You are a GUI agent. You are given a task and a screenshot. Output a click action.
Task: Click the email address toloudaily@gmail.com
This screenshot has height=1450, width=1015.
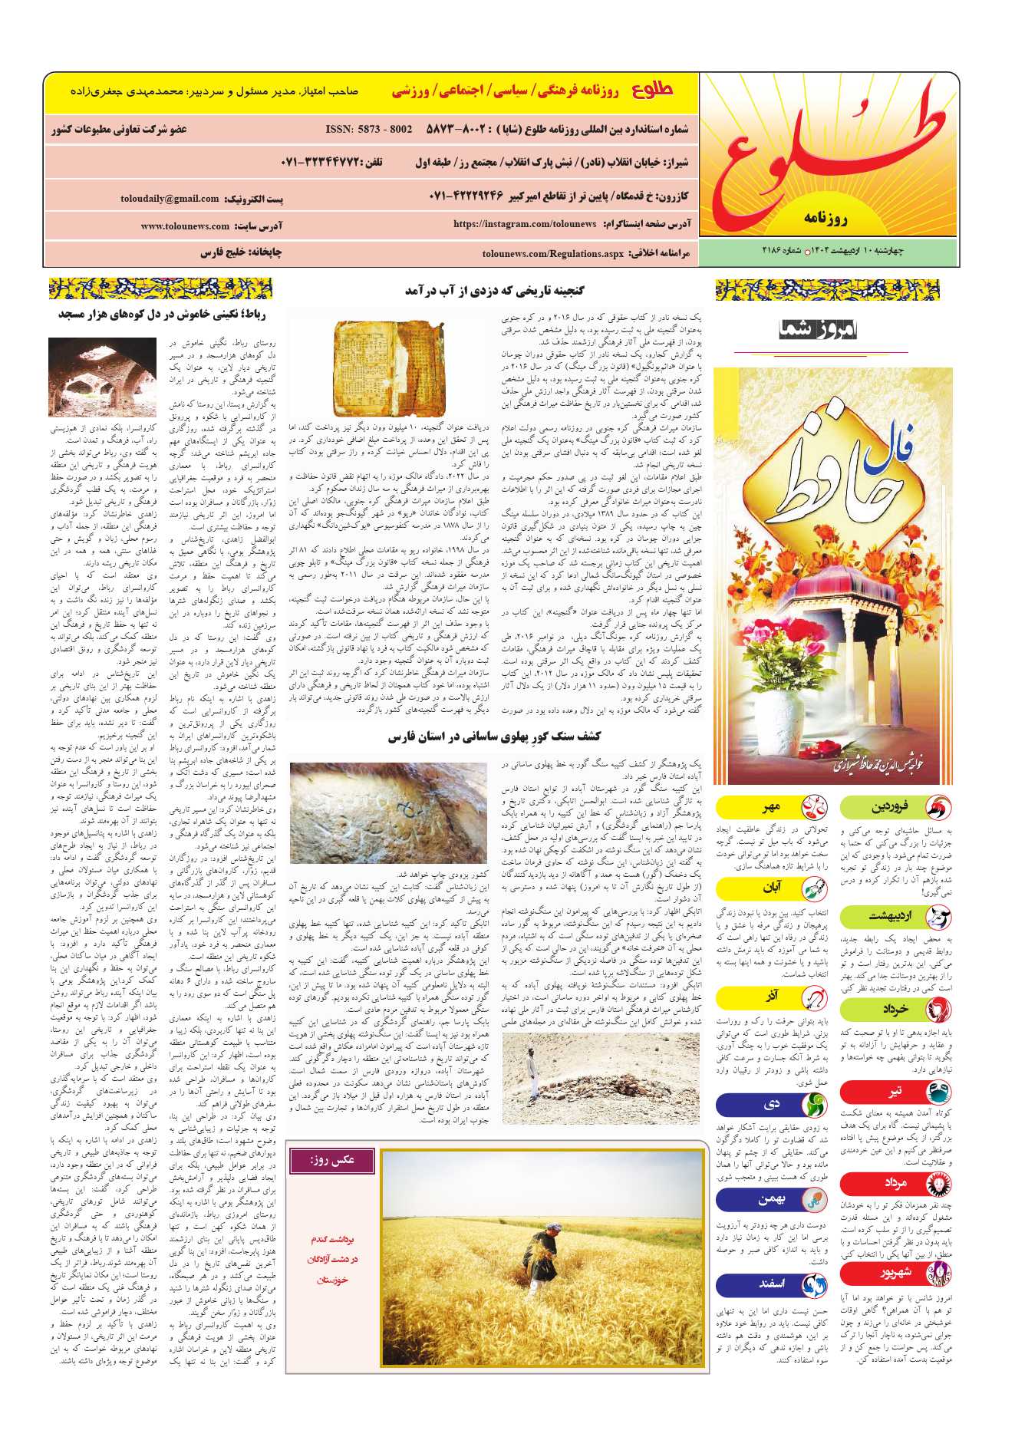pyautogui.click(x=170, y=199)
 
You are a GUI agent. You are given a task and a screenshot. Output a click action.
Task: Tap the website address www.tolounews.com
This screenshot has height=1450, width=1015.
pyautogui.click(x=185, y=226)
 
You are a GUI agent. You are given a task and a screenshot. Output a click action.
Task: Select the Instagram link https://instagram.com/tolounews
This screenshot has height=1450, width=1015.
pyautogui.click(x=525, y=224)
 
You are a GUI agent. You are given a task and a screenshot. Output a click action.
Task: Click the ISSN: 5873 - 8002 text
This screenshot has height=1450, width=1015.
pyautogui.click(x=369, y=130)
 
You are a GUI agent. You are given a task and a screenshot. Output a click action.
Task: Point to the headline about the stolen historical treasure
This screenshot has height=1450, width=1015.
pyautogui.click(x=495, y=290)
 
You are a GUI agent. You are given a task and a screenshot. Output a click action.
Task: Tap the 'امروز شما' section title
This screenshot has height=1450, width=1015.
pyautogui.click(x=817, y=330)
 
